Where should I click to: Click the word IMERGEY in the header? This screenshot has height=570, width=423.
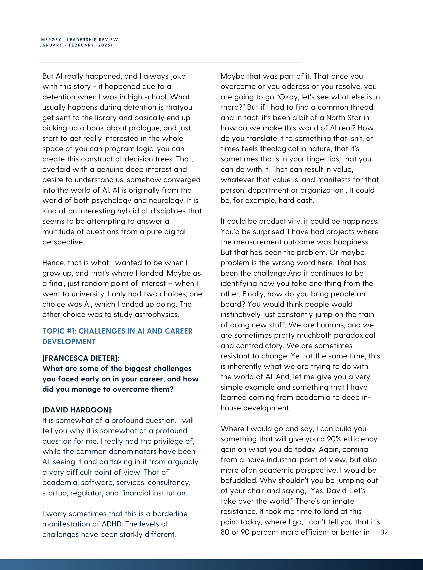tap(50, 40)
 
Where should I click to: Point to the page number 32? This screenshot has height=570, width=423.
tap(384, 532)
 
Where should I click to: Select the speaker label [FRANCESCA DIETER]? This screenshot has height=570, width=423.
tap(81, 358)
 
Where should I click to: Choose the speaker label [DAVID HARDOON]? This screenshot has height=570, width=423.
tap(77, 410)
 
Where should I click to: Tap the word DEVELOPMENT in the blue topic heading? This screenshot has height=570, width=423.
tap(69, 342)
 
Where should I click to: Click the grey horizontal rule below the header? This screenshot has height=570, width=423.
tap(170, 62)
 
